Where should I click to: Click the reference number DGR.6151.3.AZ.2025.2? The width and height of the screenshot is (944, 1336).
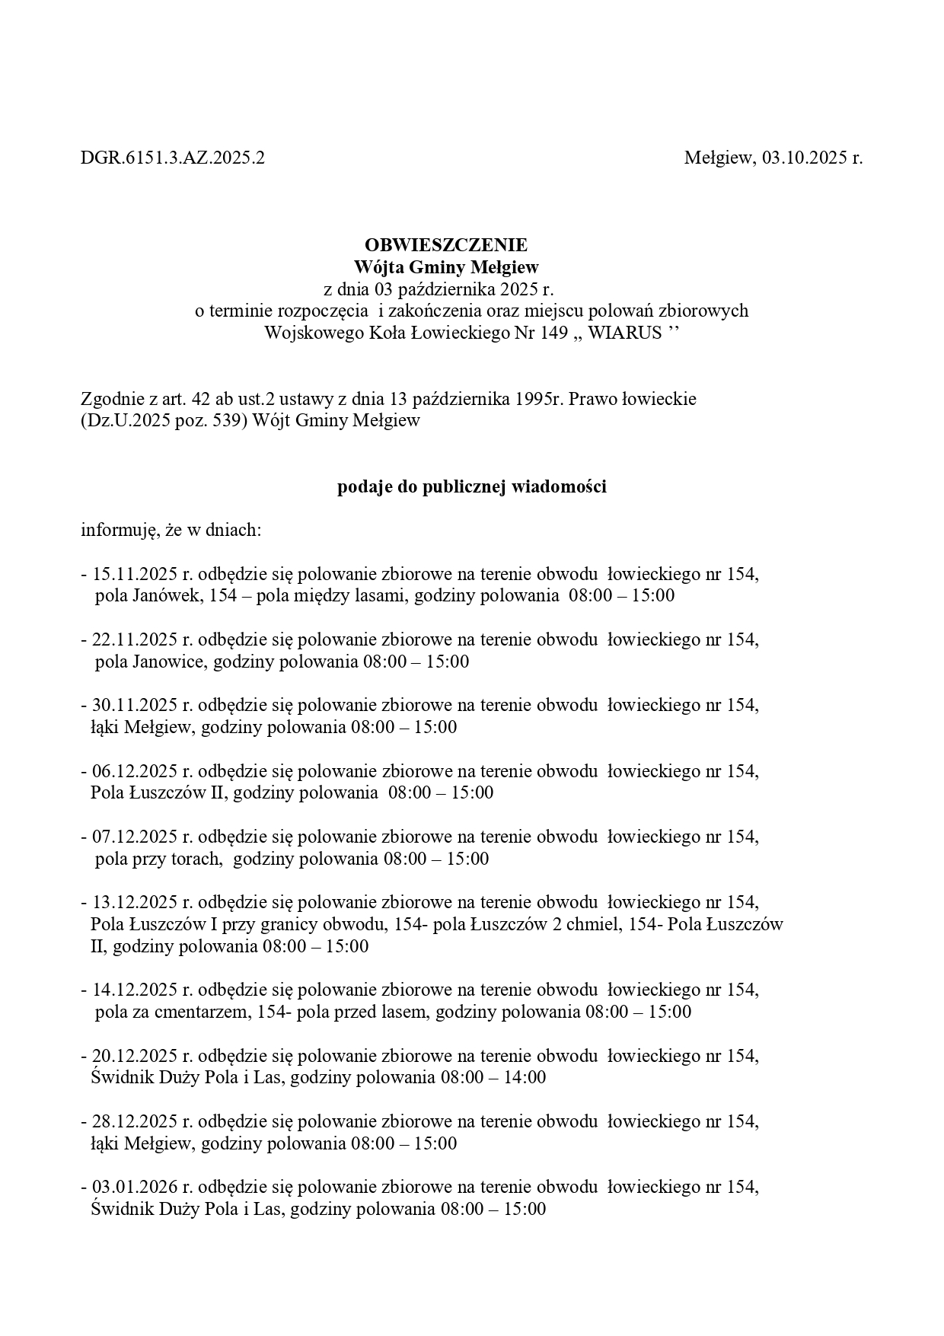173,158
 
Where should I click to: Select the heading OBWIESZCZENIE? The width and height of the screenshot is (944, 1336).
445,245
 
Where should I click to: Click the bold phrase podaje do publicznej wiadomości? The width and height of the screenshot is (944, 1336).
472,487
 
